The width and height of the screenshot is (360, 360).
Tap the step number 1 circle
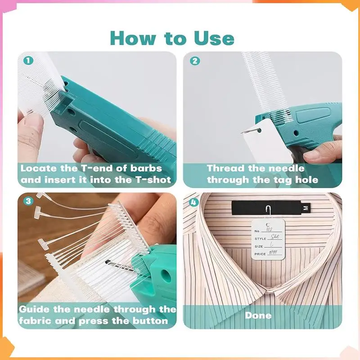pyautogui.click(x=29, y=60)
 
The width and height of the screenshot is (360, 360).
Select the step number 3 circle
pyautogui.click(x=29, y=201)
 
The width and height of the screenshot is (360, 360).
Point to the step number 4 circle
pyautogui.click(x=194, y=202)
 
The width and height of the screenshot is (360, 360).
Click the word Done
pyautogui.click(x=258, y=315)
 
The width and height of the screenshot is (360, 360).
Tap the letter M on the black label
pyautogui.click(x=306, y=208)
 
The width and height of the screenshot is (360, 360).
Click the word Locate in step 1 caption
pyautogui.click(x=39, y=169)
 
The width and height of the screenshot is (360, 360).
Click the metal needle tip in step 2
pyautogui.click(x=243, y=131)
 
